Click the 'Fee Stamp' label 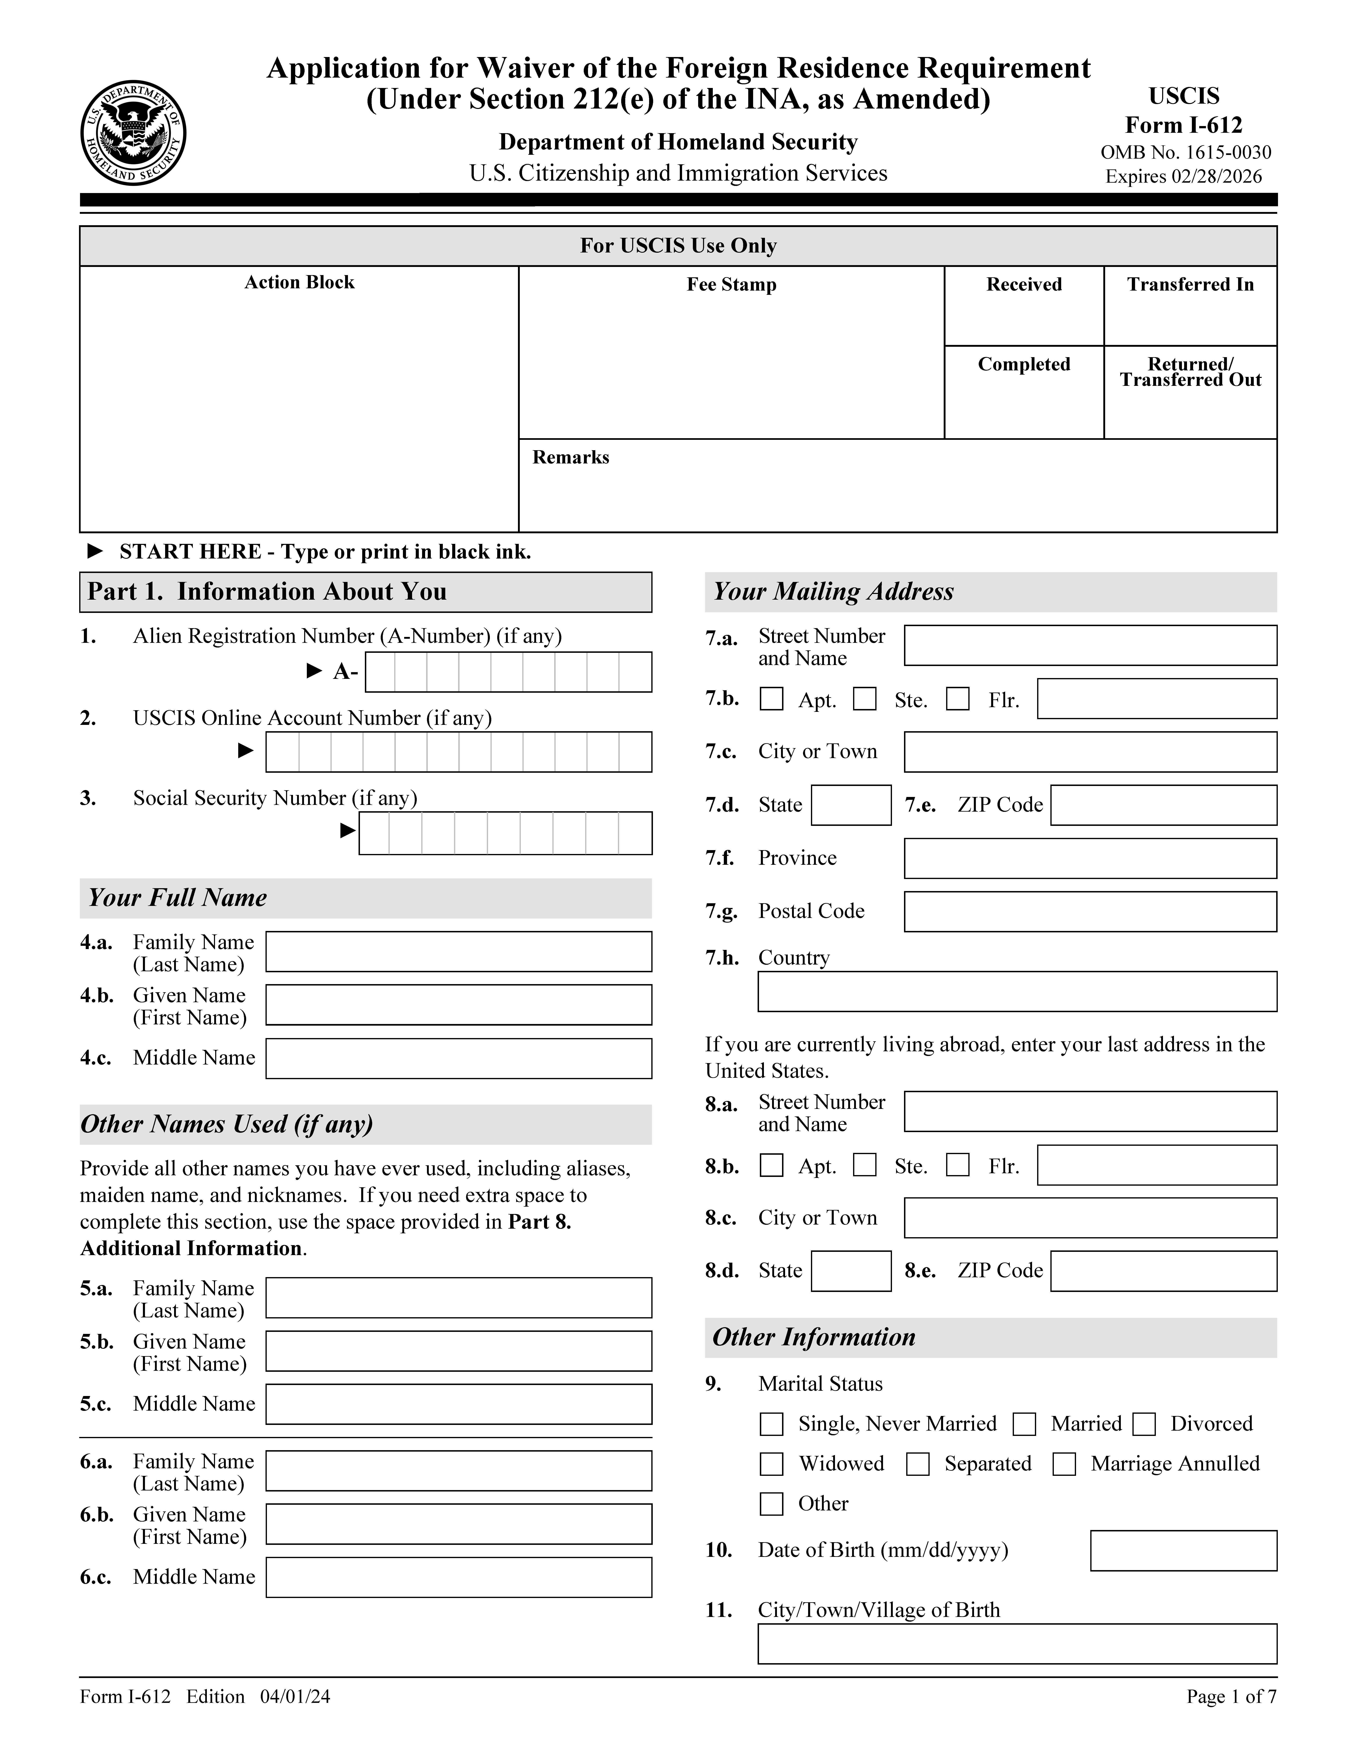point(731,285)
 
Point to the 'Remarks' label point(571,458)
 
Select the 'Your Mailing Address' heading point(833,592)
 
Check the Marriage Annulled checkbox point(1064,1464)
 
